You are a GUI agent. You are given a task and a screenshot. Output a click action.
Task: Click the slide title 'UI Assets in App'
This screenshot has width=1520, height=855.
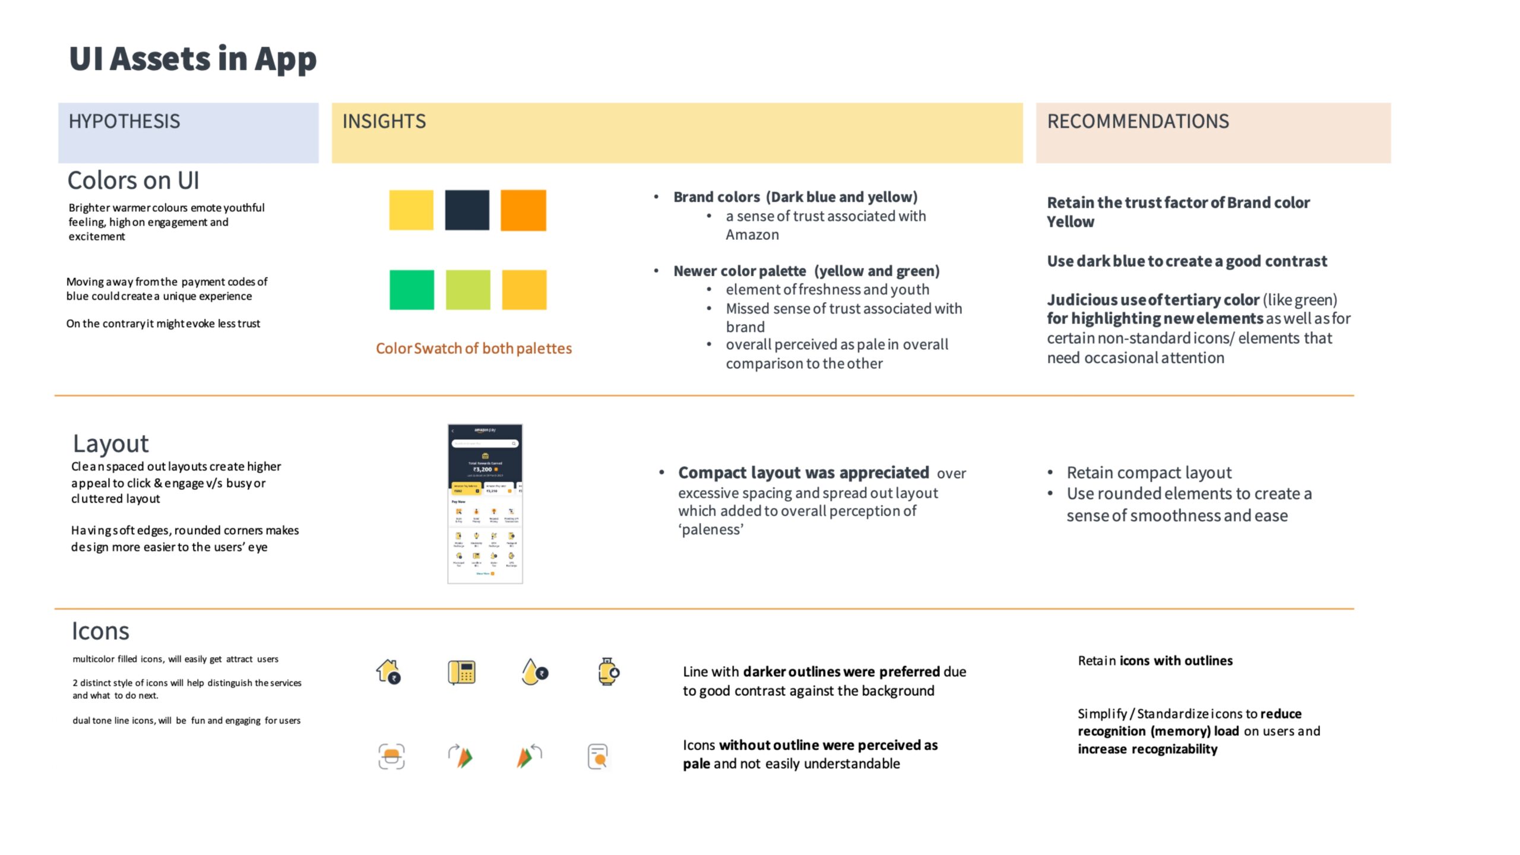tap(193, 59)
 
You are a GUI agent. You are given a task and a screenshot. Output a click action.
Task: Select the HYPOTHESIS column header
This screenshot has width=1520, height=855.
tap(124, 122)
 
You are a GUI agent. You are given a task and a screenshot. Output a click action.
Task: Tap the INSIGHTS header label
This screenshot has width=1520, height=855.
tap(384, 122)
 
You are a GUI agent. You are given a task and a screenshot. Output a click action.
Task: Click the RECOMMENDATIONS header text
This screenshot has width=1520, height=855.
tap(1138, 122)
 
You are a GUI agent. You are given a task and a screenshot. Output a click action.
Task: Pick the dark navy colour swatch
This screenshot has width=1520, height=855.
tap(467, 210)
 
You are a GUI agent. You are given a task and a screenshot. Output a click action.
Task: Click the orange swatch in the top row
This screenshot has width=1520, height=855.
tap(523, 210)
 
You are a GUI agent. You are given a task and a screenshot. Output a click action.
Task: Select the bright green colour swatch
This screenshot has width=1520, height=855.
tap(411, 290)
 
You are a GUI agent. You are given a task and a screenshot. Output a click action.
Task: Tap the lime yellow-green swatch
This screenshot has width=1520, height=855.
tap(468, 290)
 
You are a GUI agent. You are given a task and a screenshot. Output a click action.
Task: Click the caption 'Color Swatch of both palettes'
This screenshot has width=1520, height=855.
tap(474, 349)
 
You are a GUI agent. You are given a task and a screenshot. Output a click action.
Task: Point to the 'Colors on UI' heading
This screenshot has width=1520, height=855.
tap(133, 180)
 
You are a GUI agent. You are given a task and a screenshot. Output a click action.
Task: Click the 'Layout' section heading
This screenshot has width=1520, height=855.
tap(110, 444)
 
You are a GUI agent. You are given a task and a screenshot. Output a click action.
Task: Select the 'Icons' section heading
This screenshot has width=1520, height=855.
tap(100, 631)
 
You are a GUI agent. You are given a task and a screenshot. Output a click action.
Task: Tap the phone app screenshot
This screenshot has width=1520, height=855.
tap(485, 503)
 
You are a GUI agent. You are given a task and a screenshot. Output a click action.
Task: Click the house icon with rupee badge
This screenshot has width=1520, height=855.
tap(388, 672)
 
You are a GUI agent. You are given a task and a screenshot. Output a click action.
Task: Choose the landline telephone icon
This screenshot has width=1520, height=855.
tap(461, 673)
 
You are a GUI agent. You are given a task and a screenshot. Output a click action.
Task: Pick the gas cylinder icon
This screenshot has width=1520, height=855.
tap(608, 672)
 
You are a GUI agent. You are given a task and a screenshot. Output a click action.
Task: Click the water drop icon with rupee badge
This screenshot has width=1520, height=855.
tap(534, 672)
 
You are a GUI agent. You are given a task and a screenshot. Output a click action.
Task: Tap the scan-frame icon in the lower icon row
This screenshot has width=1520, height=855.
tap(391, 756)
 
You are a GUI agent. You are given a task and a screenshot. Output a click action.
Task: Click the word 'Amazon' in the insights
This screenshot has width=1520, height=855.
tap(752, 235)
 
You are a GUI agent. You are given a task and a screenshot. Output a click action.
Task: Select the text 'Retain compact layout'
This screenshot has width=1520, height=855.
tap(1149, 473)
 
